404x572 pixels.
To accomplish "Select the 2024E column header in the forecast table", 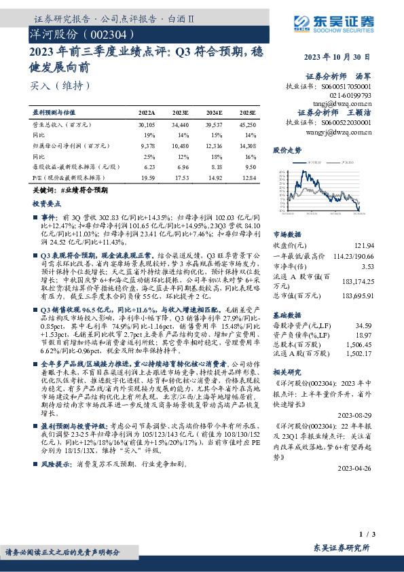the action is pos(213,112).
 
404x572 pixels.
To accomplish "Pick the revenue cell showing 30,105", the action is pos(147,126).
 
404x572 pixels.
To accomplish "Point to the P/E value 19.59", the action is pos(147,177).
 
